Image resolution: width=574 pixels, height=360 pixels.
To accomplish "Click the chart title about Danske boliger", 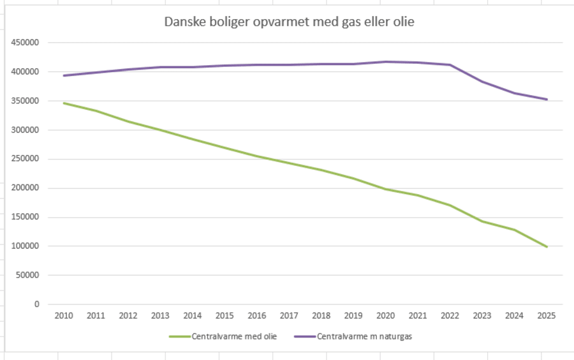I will [290, 22].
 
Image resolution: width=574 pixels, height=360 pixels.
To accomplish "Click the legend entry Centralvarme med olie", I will [233, 337].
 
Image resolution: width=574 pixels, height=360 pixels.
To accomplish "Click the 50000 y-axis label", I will [27, 275].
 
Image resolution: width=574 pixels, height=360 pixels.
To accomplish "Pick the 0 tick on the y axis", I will [36, 304].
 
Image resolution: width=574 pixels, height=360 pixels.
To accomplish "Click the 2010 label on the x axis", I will [63, 315].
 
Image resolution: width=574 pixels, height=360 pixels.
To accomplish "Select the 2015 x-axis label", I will [224, 315].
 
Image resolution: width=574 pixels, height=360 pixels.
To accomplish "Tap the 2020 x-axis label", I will [386, 315].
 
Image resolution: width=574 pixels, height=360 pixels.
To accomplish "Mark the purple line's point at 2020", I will [386, 62].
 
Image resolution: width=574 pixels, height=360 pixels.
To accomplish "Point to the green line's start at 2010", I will [63, 103].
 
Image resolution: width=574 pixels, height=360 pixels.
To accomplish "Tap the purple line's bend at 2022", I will [450, 65].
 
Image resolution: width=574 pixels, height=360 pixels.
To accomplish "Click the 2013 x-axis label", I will [160, 315].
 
